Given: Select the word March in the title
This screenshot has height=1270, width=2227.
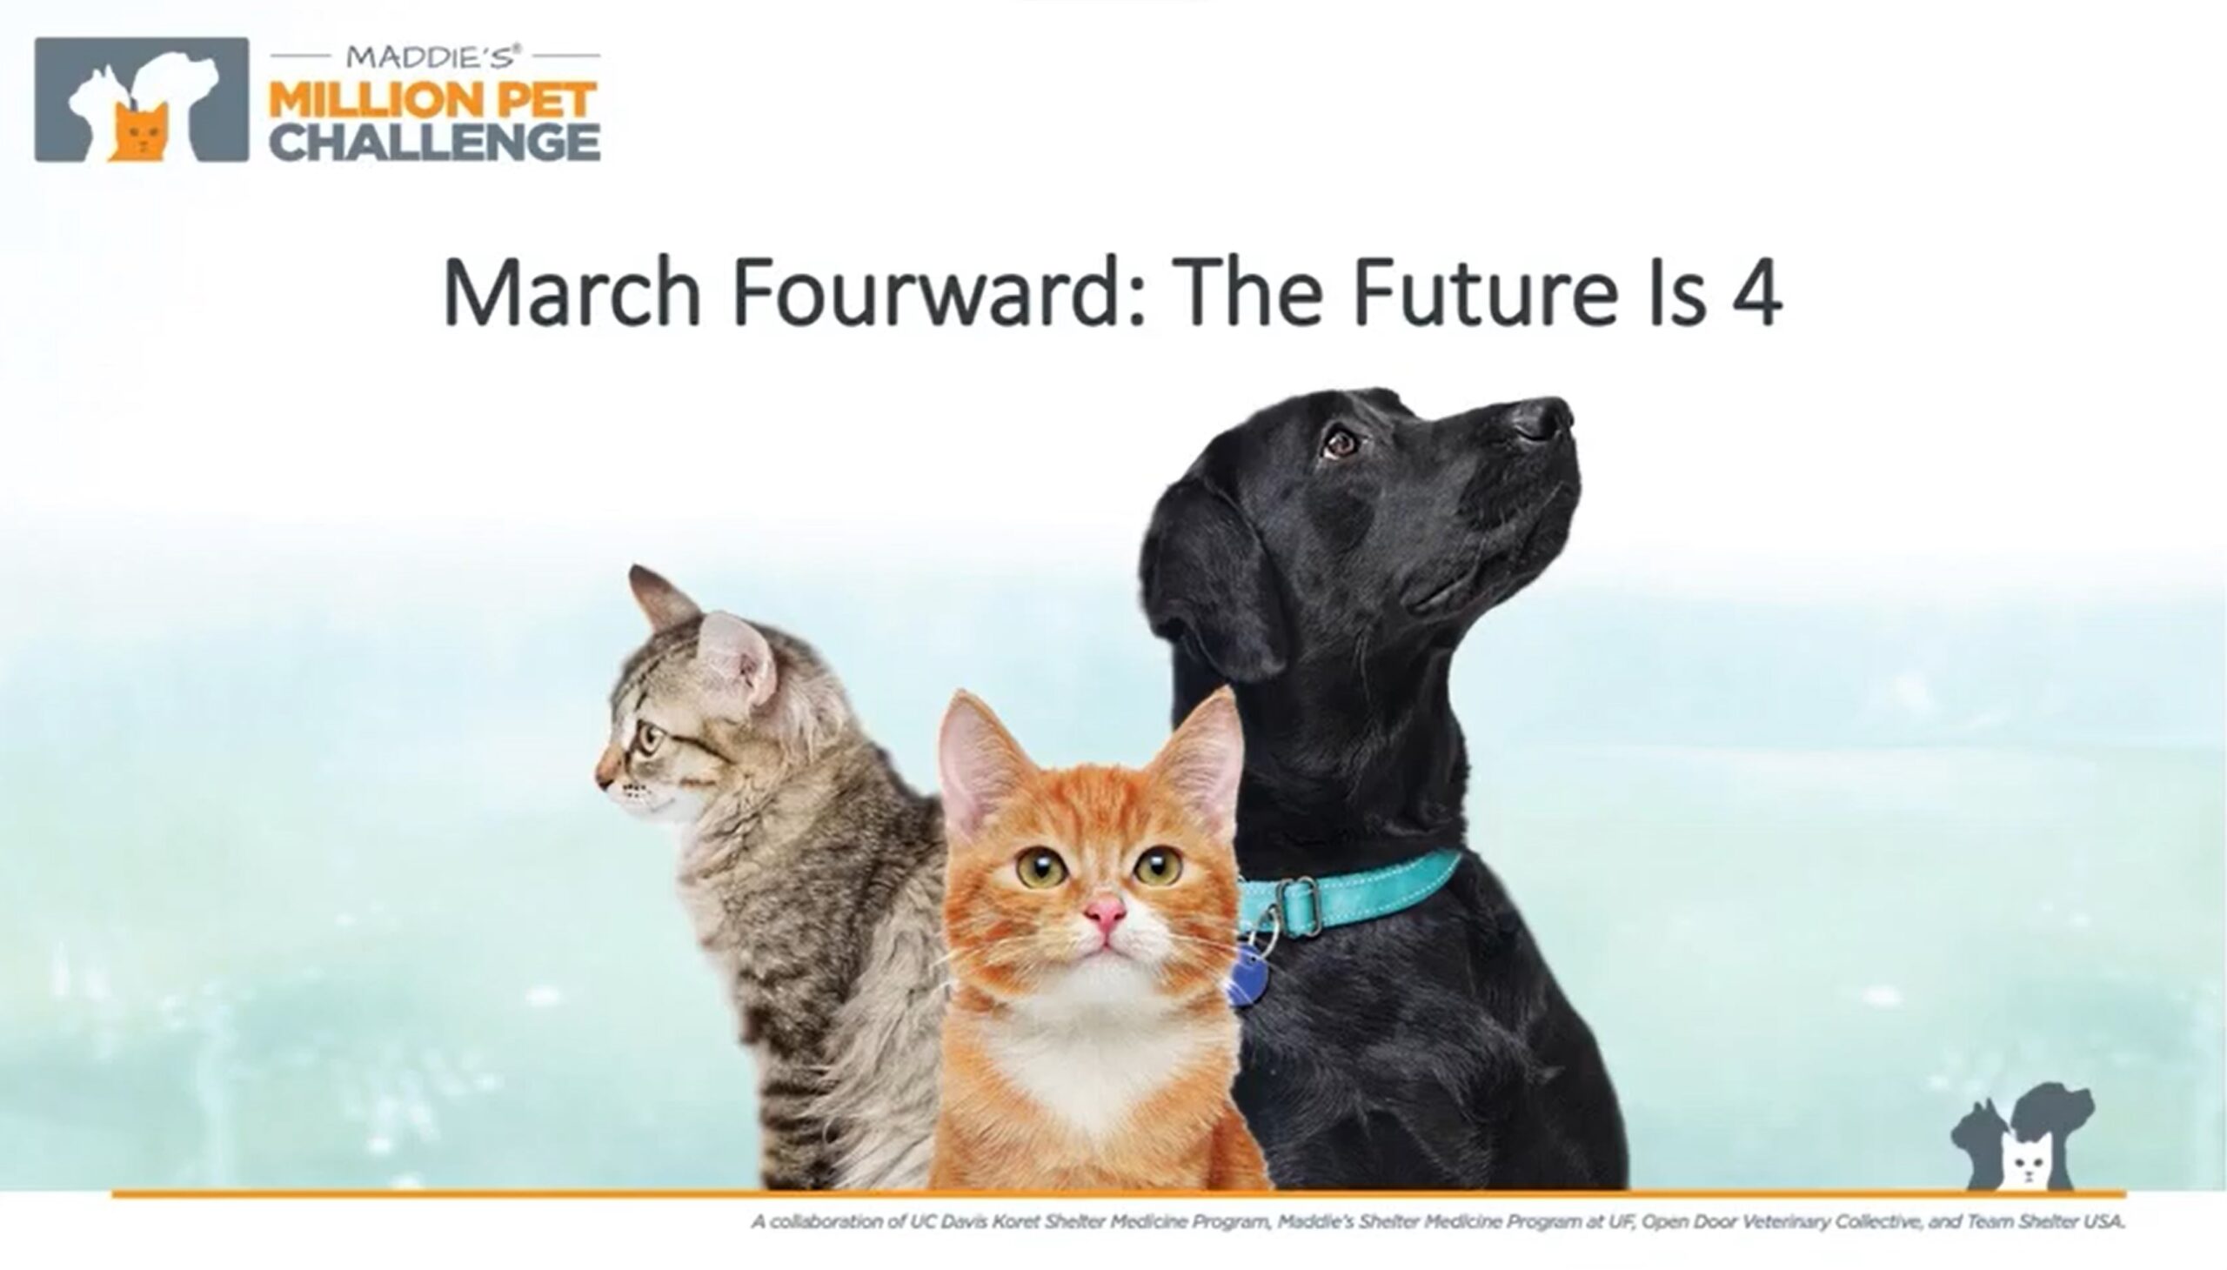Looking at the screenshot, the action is coord(572,293).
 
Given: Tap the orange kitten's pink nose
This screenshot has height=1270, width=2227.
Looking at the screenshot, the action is coord(1104,912).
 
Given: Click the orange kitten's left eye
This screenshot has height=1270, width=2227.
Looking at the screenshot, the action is coord(1042,867).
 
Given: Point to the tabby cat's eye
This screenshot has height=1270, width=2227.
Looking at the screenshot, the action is coord(649,739).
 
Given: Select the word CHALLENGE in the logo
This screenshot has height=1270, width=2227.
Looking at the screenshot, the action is coord(434,141).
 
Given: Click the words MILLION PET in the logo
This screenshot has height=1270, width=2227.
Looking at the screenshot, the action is coord(433,100).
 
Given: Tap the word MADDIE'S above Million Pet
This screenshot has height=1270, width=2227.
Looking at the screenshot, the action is coord(434,57).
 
